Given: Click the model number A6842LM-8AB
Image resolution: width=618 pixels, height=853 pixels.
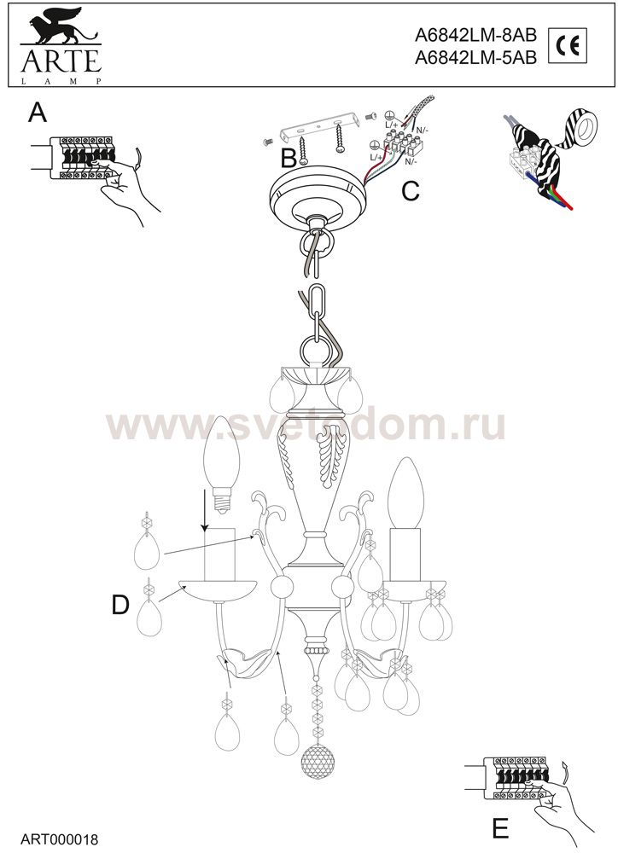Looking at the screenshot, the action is coord(475,35).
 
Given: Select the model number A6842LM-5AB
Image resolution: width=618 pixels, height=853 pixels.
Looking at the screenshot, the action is coord(475,58).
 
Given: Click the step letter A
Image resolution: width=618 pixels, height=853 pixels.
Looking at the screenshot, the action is coord(38,113).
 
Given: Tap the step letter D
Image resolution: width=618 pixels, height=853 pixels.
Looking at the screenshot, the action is coord(120,604).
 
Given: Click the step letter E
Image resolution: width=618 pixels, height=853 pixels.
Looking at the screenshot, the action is coord(500,828).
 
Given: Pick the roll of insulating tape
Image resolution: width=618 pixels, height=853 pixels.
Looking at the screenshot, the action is coord(582,129).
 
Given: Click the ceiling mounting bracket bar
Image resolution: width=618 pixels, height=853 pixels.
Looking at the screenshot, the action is coord(318,125).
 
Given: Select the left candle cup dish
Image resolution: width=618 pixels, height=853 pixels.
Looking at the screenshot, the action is coord(219,591).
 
